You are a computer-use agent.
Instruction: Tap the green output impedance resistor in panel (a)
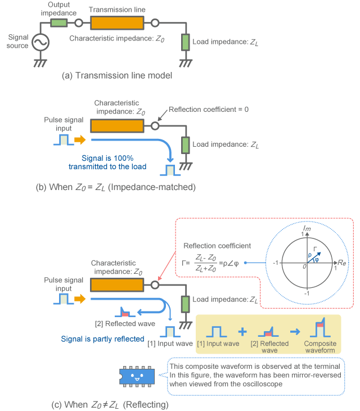click(58, 23)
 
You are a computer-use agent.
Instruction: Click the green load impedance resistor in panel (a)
click(184, 42)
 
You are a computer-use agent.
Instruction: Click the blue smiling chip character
click(137, 374)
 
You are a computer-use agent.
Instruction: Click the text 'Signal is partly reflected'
click(106, 339)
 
